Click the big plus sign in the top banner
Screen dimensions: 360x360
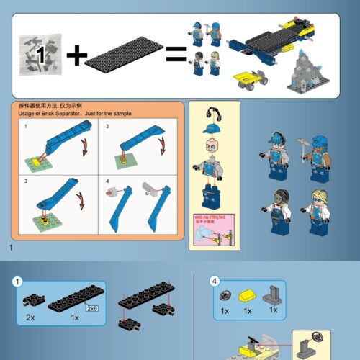point(77,54)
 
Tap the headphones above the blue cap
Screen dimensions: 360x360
point(212,113)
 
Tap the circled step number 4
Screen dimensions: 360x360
point(214,282)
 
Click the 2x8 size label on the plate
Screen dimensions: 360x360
point(91,308)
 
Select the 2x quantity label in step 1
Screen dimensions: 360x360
point(31,317)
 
